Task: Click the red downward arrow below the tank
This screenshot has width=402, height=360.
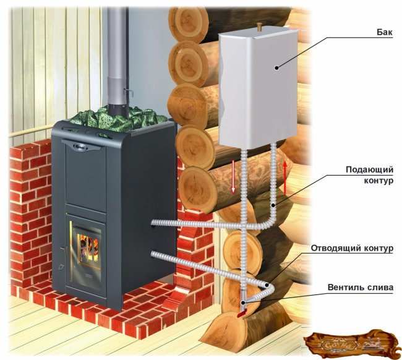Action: click(234, 176)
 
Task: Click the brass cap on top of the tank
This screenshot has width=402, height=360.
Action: click(259, 27)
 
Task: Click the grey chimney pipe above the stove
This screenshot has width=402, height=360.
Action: click(115, 49)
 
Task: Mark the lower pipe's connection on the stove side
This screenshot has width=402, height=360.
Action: click(153, 252)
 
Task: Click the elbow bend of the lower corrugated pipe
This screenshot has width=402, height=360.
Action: click(267, 286)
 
